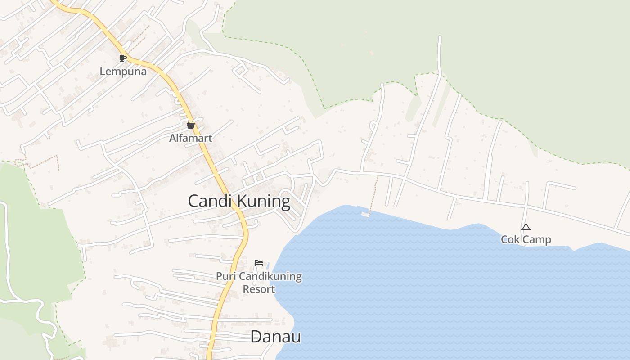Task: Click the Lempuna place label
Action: point(123,72)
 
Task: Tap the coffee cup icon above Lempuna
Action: point(122,58)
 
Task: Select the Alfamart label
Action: point(190,138)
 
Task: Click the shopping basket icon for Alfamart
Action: point(190,125)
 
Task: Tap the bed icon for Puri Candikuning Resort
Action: point(259,263)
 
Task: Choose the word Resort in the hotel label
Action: point(259,289)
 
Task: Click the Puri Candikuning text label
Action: point(259,276)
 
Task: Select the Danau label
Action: point(275,337)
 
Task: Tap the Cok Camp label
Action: point(526,239)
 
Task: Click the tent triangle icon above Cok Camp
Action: point(526,227)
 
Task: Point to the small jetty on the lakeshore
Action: point(365,213)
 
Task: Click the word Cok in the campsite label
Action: point(511,239)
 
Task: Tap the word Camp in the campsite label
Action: point(535,239)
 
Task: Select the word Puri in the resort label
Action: point(225,276)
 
